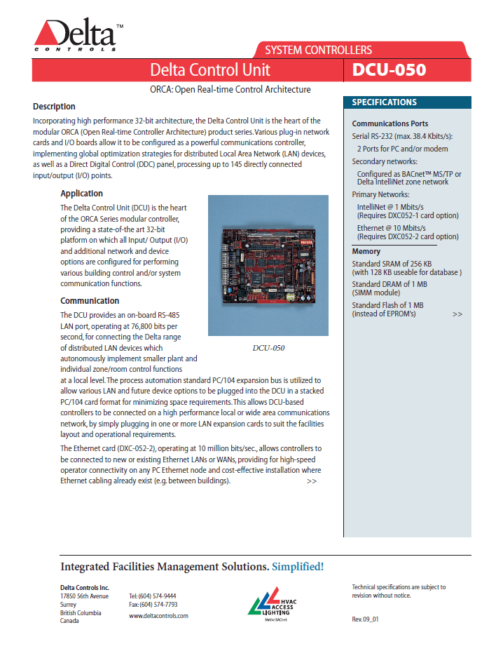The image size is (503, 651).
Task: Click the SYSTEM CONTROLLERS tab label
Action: (x=318, y=50)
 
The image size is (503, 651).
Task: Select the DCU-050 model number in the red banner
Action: (x=389, y=69)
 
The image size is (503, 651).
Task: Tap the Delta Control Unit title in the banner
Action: (x=210, y=69)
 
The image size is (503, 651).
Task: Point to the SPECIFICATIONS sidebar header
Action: (x=384, y=102)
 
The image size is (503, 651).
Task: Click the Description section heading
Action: (x=54, y=107)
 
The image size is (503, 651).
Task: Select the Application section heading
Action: (x=81, y=194)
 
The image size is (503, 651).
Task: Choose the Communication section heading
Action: (x=90, y=301)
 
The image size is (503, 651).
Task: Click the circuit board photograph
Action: (x=268, y=265)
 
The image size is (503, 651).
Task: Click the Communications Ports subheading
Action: (x=390, y=123)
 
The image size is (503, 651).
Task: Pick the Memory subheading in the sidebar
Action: (x=366, y=251)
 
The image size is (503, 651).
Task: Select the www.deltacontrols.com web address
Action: (x=158, y=615)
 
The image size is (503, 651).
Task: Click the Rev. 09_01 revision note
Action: (x=365, y=619)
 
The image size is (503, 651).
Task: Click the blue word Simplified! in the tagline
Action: (x=298, y=566)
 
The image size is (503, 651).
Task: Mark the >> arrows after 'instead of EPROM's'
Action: (x=457, y=314)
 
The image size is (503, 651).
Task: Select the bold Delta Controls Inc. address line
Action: (x=85, y=587)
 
